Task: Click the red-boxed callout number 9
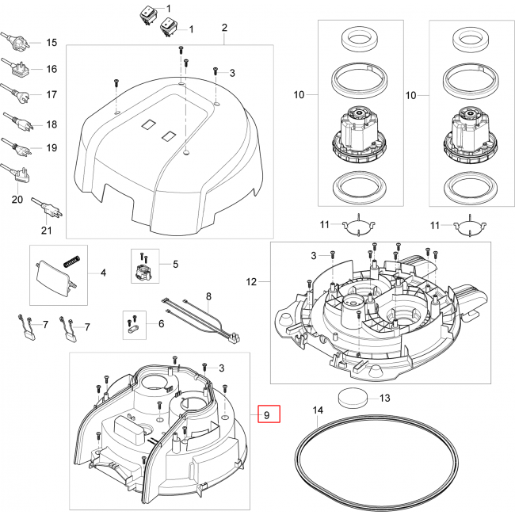click(267, 414)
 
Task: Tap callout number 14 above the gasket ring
click(319, 410)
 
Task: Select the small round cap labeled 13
click(352, 398)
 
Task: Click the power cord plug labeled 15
click(17, 41)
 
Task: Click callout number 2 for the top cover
click(224, 28)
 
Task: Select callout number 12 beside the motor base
click(252, 282)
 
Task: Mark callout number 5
click(175, 264)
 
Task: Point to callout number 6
click(162, 324)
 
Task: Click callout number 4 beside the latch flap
click(102, 273)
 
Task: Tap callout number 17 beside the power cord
click(51, 95)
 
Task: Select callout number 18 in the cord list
click(51, 124)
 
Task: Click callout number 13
click(386, 398)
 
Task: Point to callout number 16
click(51, 69)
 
